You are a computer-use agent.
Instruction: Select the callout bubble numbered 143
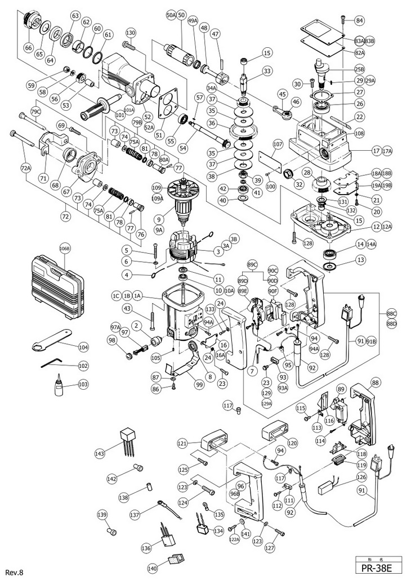[100, 453]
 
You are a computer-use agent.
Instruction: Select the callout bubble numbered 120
[292, 443]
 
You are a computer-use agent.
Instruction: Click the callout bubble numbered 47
[215, 34]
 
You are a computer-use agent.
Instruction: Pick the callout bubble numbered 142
[113, 478]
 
